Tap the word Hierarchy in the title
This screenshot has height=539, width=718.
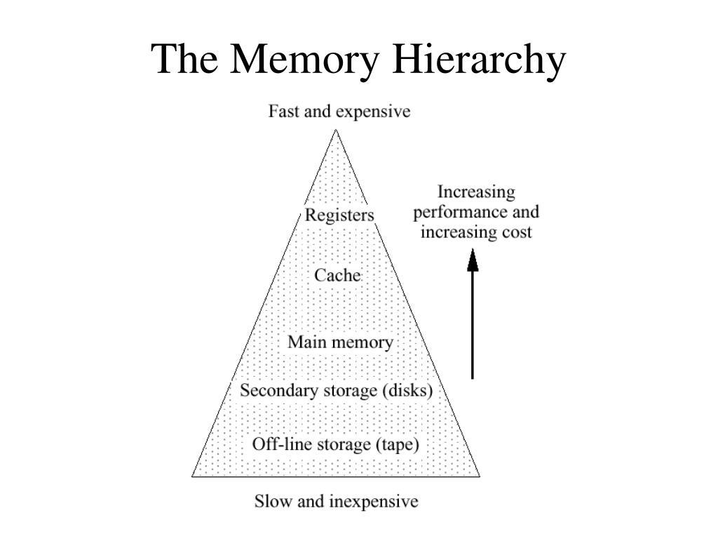477,59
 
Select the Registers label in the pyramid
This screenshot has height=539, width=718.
339,215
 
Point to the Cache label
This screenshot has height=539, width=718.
337,275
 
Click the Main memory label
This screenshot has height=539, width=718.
340,342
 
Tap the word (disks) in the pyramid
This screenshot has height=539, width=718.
407,390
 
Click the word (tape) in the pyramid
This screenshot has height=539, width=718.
397,444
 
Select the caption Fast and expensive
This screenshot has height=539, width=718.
339,112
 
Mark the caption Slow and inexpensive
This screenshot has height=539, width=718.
336,501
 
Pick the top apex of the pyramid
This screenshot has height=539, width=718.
337,130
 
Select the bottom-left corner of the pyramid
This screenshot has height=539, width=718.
193,476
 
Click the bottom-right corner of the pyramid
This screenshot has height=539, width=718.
480,476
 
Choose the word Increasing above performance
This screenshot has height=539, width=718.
476,192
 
